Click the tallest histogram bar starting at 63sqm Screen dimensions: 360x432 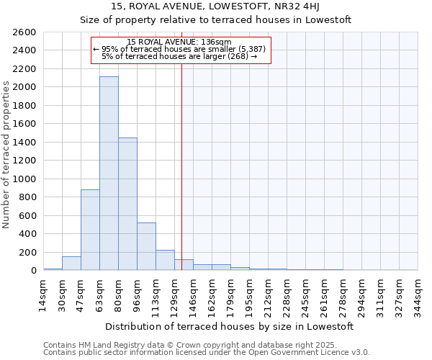(x=109, y=173)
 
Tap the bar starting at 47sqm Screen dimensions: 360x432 (x=90, y=230)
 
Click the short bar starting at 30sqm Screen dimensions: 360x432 (x=71, y=264)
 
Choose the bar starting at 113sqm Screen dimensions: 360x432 (x=165, y=260)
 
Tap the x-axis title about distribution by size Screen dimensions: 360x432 (x=230, y=326)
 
